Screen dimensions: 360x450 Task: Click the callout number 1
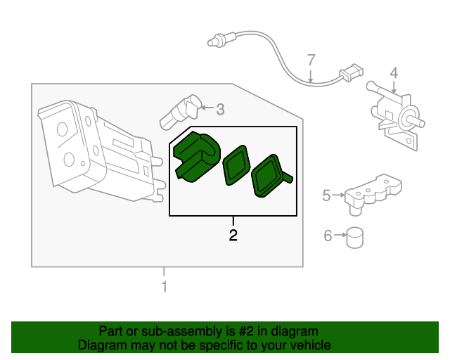point(164,287)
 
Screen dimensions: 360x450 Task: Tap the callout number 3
point(219,109)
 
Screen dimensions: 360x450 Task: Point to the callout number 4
point(394,73)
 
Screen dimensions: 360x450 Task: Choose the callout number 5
point(326,195)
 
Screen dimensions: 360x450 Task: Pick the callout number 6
point(328,236)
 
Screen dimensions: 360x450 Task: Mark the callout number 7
point(311,61)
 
